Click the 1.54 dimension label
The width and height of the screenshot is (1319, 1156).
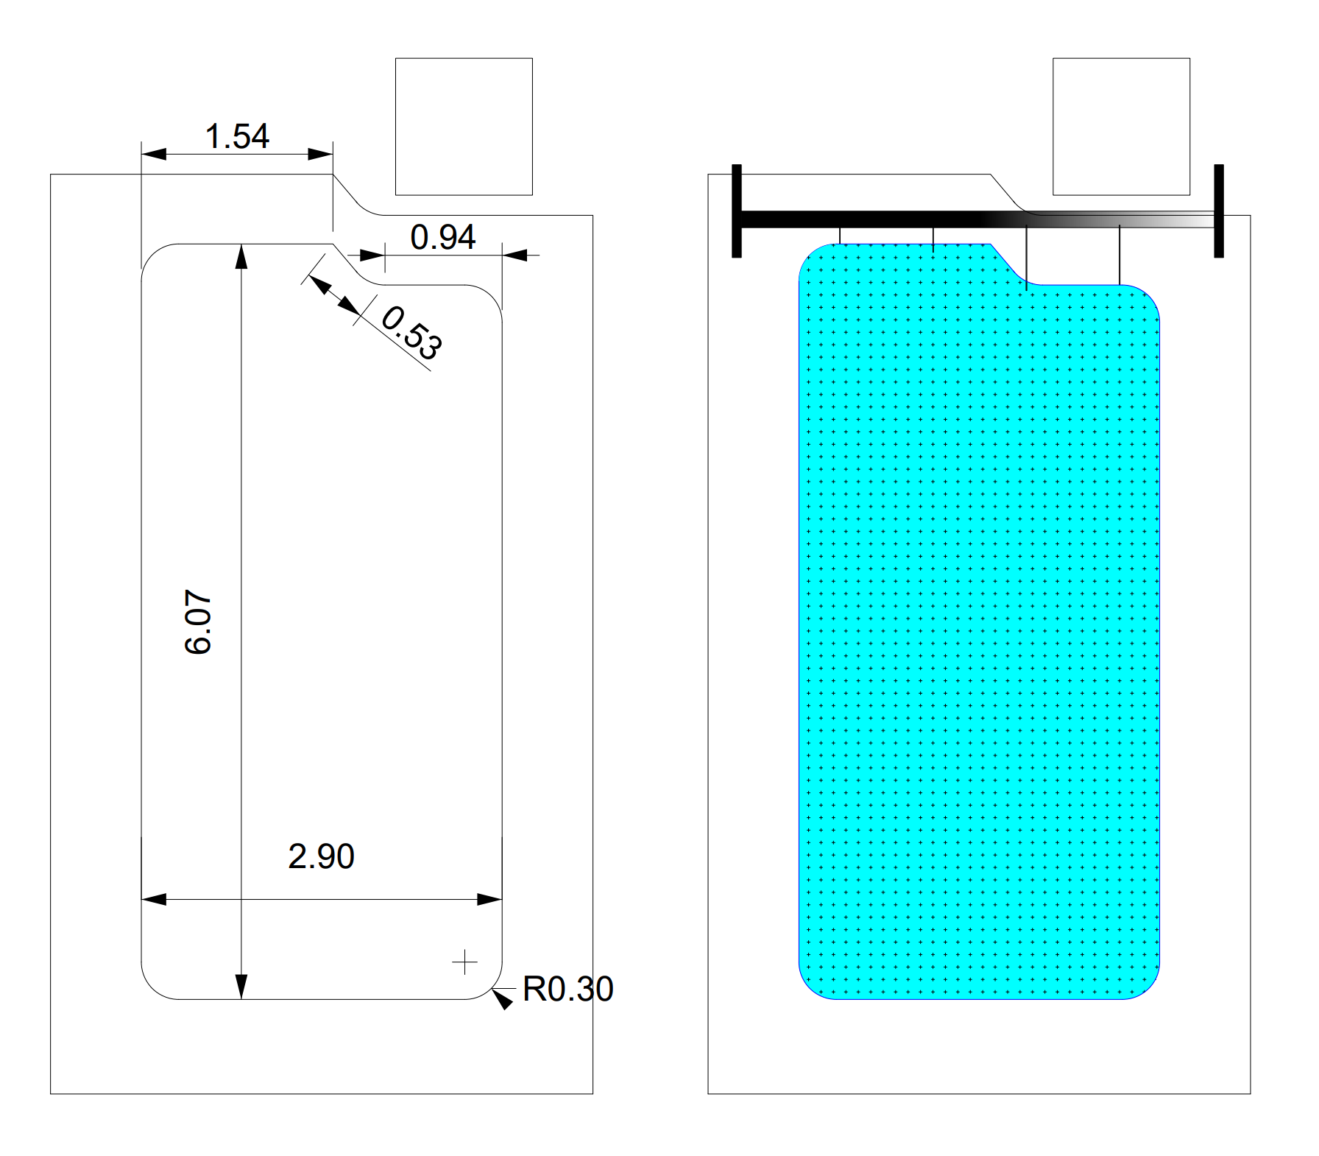tap(237, 136)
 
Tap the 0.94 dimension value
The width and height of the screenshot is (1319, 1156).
tap(443, 237)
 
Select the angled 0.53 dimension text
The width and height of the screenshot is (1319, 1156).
tap(412, 333)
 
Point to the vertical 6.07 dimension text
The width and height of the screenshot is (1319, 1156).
tap(198, 621)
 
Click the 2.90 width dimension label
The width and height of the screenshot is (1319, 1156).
tap(321, 856)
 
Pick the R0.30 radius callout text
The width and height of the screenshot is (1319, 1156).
tap(567, 989)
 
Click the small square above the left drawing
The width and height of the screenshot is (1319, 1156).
tap(464, 127)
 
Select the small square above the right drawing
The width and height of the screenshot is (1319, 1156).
tap(1121, 127)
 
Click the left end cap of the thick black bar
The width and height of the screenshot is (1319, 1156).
tap(737, 211)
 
